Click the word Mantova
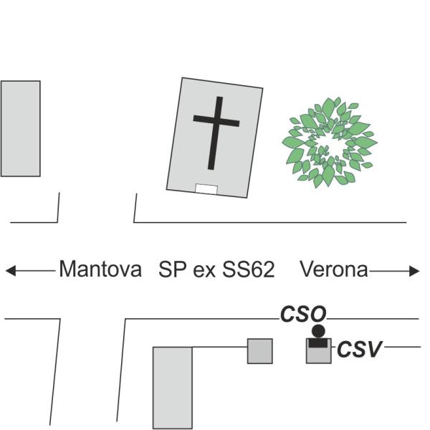pyautogui.click(x=100, y=269)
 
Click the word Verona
pyautogui.click(x=333, y=269)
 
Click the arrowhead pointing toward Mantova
pyautogui.click(x=10, y=271)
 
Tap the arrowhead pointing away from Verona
pyautogui.click(x=414, y=271)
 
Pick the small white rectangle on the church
pyautogui.click(x=206, y=189)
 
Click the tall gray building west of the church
pyautogui.click(x=20, y=128)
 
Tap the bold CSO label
pyautogui.click(x=302, y=314)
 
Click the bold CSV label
pyautogui.click(x=360, y=349)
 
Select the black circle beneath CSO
pyautogui.click(x=318, y=331)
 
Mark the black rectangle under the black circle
pyautogui.click(x=318, y=342)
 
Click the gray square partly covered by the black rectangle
pyautogui.click(x=319, y=355)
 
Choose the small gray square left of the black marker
pyautogui.click(x=260, y=350)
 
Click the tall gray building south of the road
pyautogui.click(x=173, y=387)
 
